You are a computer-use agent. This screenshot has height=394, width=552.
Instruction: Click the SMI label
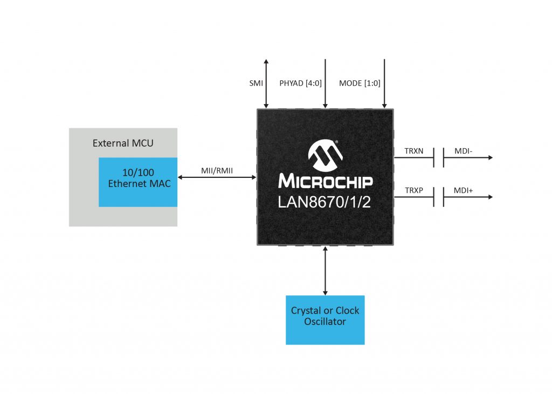point(256,84)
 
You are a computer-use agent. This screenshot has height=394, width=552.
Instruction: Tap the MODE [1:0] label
point(360,84)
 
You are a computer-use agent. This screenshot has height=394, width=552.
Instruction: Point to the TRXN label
point(414,151)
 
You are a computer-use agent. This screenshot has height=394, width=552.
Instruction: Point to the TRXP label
point(414,191)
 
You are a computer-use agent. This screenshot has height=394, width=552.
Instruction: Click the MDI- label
point(463,151)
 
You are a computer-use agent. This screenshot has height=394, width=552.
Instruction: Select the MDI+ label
point(464,191)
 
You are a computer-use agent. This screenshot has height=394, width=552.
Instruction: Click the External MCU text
point(123,143)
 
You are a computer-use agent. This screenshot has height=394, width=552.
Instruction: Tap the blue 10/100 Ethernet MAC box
point(138,182)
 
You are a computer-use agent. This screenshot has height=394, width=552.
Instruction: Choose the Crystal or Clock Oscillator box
point(325,320)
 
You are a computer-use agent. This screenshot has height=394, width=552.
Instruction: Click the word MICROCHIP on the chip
point(325,181)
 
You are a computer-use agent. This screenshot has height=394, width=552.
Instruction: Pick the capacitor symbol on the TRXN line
point(439,158)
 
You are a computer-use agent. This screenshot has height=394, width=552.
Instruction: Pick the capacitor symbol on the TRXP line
point(439,197)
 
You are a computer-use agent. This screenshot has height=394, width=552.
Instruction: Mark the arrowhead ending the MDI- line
point(489,158)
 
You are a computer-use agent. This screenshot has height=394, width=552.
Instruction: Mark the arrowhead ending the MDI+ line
point(489,197)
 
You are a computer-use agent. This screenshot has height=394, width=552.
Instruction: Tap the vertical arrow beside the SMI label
point(266,84)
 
